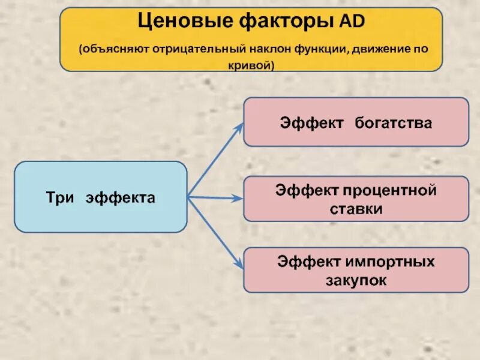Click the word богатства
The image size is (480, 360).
click(x=393, y=123)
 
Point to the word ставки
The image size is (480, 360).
click(x=356, y=209)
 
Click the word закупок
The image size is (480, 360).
click(x=356, y=280)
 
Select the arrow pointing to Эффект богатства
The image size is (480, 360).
click(x=216, y=160)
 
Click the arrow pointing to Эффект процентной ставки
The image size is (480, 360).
click(x=216, y=197)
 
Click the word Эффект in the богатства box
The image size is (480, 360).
click(x=311, y=123)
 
